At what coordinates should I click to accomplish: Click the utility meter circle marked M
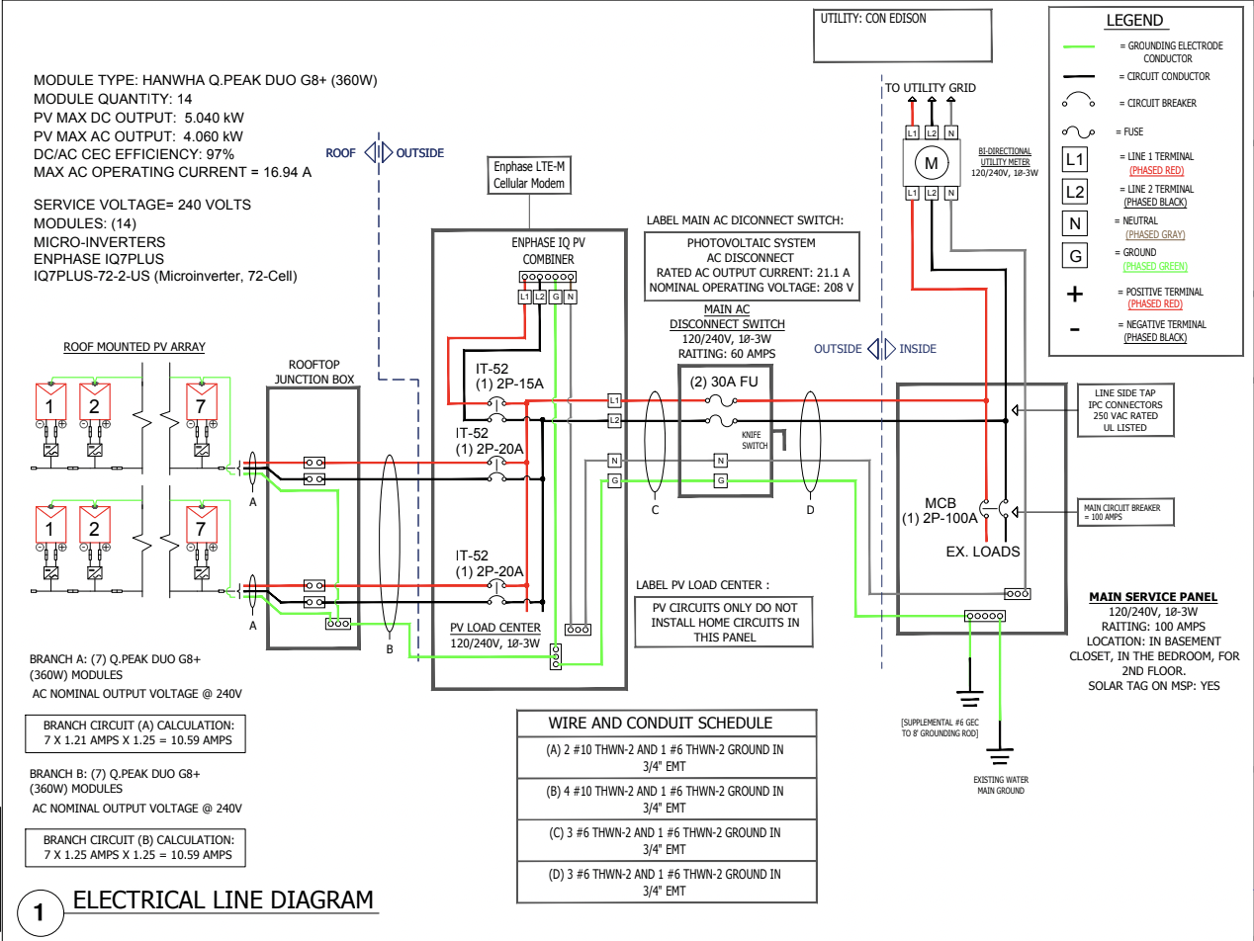tap(932, 163)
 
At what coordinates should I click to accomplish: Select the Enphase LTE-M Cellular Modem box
tap(529, 175)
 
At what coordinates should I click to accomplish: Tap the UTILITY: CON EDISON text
tap(873, 18)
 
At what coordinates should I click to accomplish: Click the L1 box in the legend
tap(1075, 159)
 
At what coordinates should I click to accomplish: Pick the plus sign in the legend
tap(1075, 295)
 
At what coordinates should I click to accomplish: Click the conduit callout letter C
tap(655, 510)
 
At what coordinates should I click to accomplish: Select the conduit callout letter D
tap(810, 510)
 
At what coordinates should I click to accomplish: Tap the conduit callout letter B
tap(390, 649)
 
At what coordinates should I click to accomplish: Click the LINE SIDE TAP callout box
tap(1125, 410)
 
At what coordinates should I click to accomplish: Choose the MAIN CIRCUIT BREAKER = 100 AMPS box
tap(1125, 512)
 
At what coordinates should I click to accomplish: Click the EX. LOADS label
tap(983, 552)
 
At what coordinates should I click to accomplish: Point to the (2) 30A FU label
tap(724, 382)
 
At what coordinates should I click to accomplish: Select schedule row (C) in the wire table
tap(667, 840)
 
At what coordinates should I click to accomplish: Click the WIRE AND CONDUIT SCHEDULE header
tap(661, 723)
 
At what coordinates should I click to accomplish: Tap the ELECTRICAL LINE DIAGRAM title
tap(223, 899)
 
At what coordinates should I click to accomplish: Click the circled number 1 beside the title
tap(40, 912)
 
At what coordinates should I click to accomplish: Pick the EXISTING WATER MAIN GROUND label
tap(1001, 785)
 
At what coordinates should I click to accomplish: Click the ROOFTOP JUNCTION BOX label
tap(314, 372)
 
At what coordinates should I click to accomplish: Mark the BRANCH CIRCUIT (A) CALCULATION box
tap(135, 733)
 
